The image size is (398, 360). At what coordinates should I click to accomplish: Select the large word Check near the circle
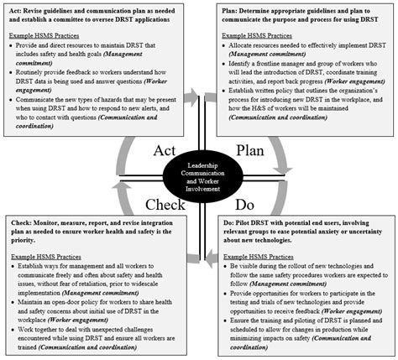pyautogui.click(x=147, y=204)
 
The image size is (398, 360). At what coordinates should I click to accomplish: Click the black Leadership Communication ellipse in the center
pyautogui.click(x=198, y=178)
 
